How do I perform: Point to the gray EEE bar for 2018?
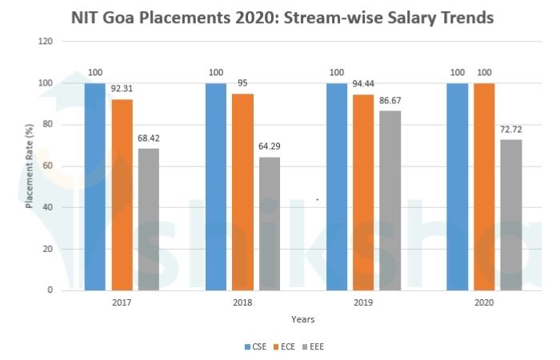click(x=270, y=223)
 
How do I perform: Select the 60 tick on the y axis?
click(x=48, y=166)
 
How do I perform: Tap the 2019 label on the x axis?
click(x=363, y=304)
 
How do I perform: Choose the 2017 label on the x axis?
click(x=122, y=304)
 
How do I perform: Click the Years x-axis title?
click(x=302, y=320)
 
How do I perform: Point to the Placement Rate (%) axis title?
click(x=29, y=166)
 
